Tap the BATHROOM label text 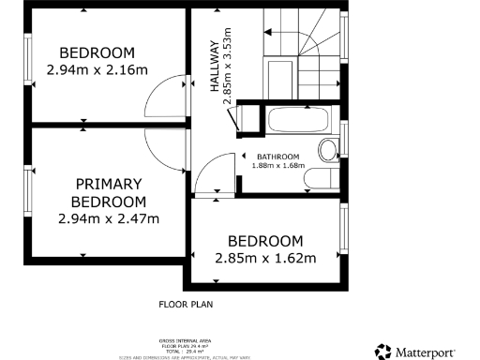pyautogui.click(x=278, y=156)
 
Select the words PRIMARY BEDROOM pyautogui.click(x=110, y=192)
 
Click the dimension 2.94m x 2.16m pyautogui.click(x=97, y=68)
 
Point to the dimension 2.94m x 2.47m pyautogui.click(x=110, y=218)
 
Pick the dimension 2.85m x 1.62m pyautogui.click(x=265, y=258)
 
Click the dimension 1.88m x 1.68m pyautogui.click(x=278, y=166)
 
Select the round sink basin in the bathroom pyautogui.click(x=329, y=150)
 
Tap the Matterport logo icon pyautogui.click(x=383, y=352)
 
